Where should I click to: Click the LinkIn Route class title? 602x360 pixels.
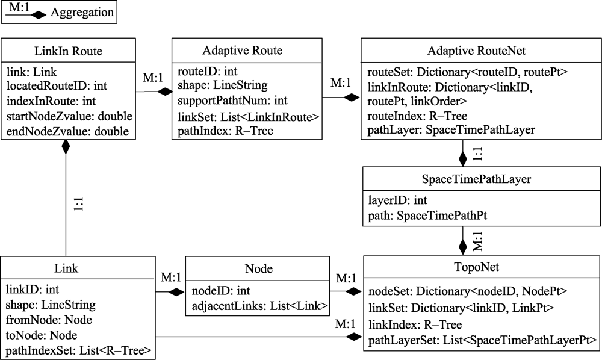(x=68, y=51)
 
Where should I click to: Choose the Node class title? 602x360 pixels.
(x=258, y=268)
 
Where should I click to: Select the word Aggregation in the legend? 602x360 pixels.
(x=81, y=13)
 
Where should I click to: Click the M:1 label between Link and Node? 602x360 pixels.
(x=171, y=278)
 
